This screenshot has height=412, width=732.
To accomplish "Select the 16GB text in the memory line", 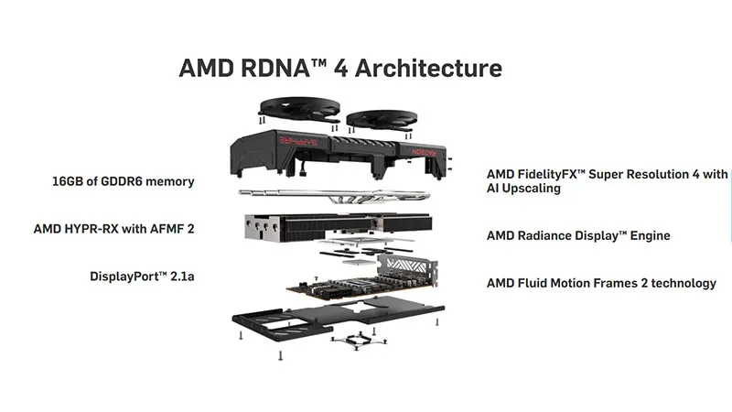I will pyautogui.click(x=69, y=181).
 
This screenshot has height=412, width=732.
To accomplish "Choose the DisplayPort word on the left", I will pyautogui.click(x=124, y=276).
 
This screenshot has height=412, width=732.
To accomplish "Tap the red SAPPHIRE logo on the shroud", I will pyautogui.click(x=298, y=140).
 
